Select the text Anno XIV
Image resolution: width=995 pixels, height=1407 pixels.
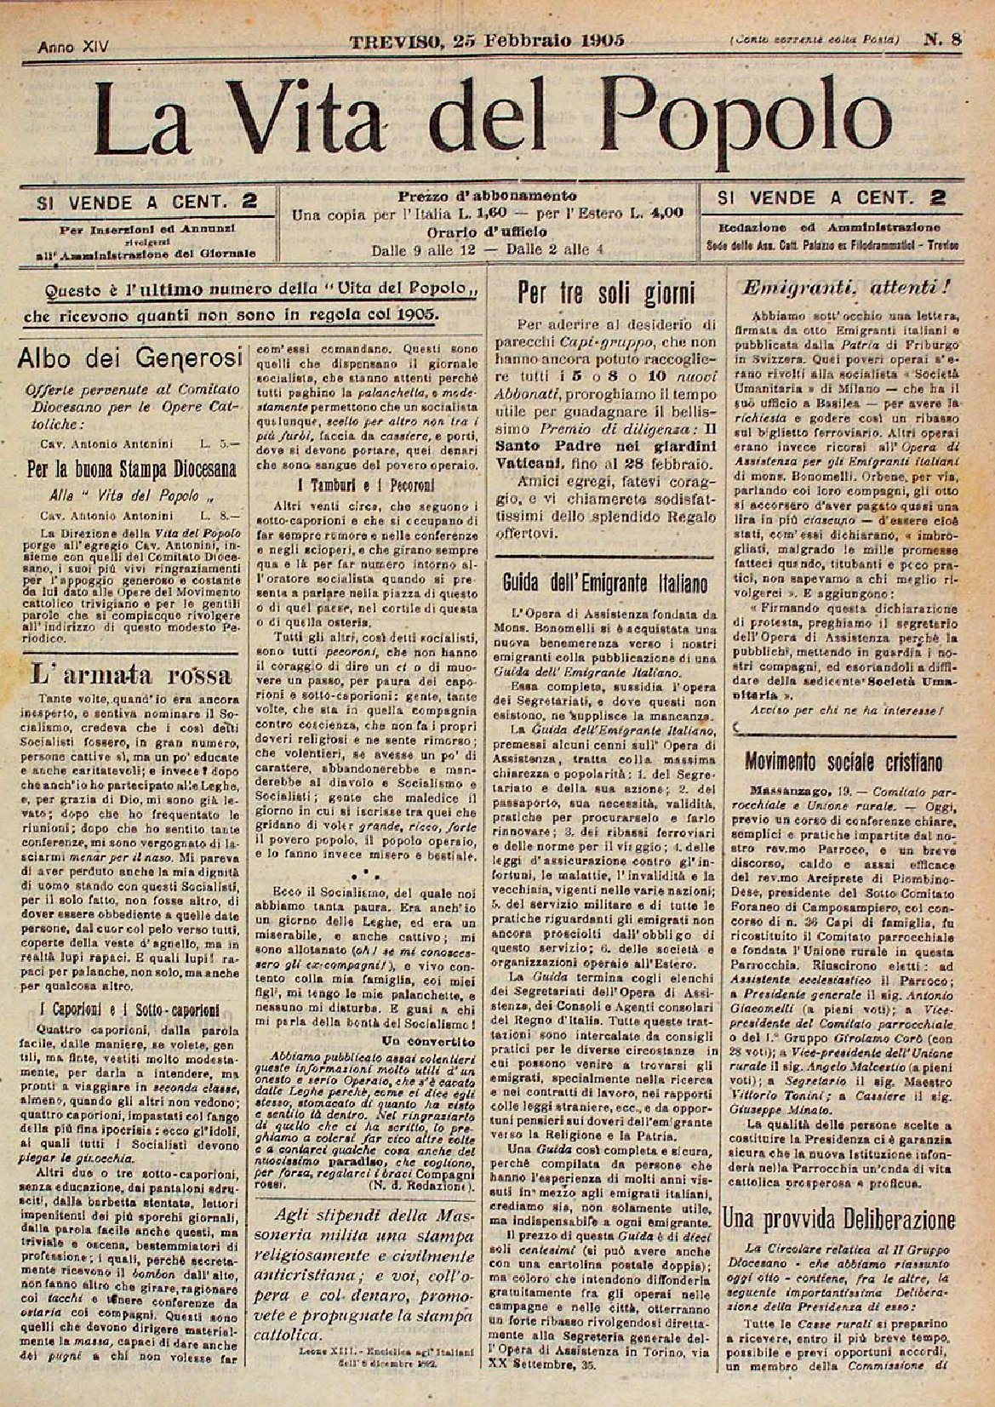(73, 49)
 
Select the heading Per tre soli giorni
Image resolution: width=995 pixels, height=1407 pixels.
(607, 294)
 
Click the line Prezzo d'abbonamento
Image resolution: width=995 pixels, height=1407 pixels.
(487, 196)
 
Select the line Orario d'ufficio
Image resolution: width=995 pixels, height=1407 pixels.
(487, 231)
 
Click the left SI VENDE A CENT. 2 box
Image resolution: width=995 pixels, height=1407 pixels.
(146, 202)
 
